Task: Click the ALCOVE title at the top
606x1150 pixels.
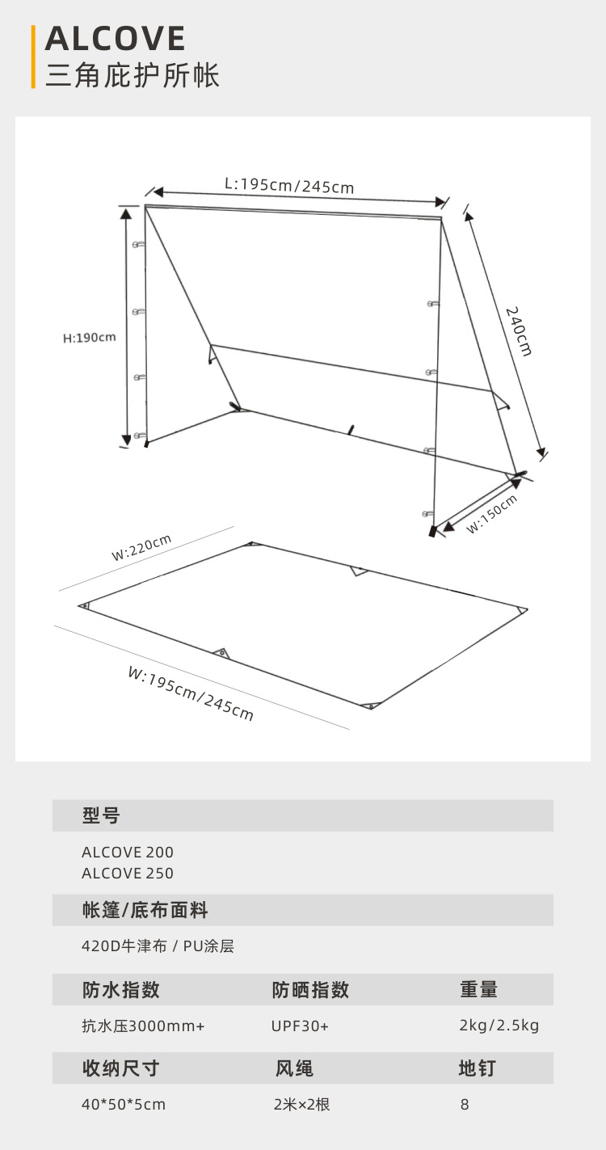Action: tap(116, 39)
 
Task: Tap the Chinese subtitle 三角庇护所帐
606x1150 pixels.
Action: tap(133, 75)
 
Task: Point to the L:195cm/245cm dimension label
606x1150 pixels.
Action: tap(289, 185)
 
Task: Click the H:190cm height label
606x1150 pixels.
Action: tap(90, 337)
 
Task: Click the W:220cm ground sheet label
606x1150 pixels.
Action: tap(141, 547)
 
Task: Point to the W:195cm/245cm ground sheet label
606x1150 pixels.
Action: tap(191, 693)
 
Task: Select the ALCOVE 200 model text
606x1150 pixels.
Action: tap(128, 852)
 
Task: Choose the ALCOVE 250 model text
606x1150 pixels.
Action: tap(128, 873)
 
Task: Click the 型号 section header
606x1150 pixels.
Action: tap(101, 815)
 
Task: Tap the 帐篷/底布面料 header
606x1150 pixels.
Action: tap(145, 910)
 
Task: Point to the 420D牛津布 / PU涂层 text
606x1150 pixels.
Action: tap(158, 946)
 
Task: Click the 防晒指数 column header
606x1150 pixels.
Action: tap(310, 989)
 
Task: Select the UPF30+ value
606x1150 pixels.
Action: tap(300, 1026)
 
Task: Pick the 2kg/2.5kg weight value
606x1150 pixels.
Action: tap(499, 1026)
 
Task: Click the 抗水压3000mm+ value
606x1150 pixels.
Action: tap(143, 1026)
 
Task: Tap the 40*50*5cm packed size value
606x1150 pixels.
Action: tap(124, 1104)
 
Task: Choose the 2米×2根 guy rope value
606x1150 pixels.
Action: tap(302, 1104)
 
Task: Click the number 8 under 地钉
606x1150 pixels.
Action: tap(465, 1104)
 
